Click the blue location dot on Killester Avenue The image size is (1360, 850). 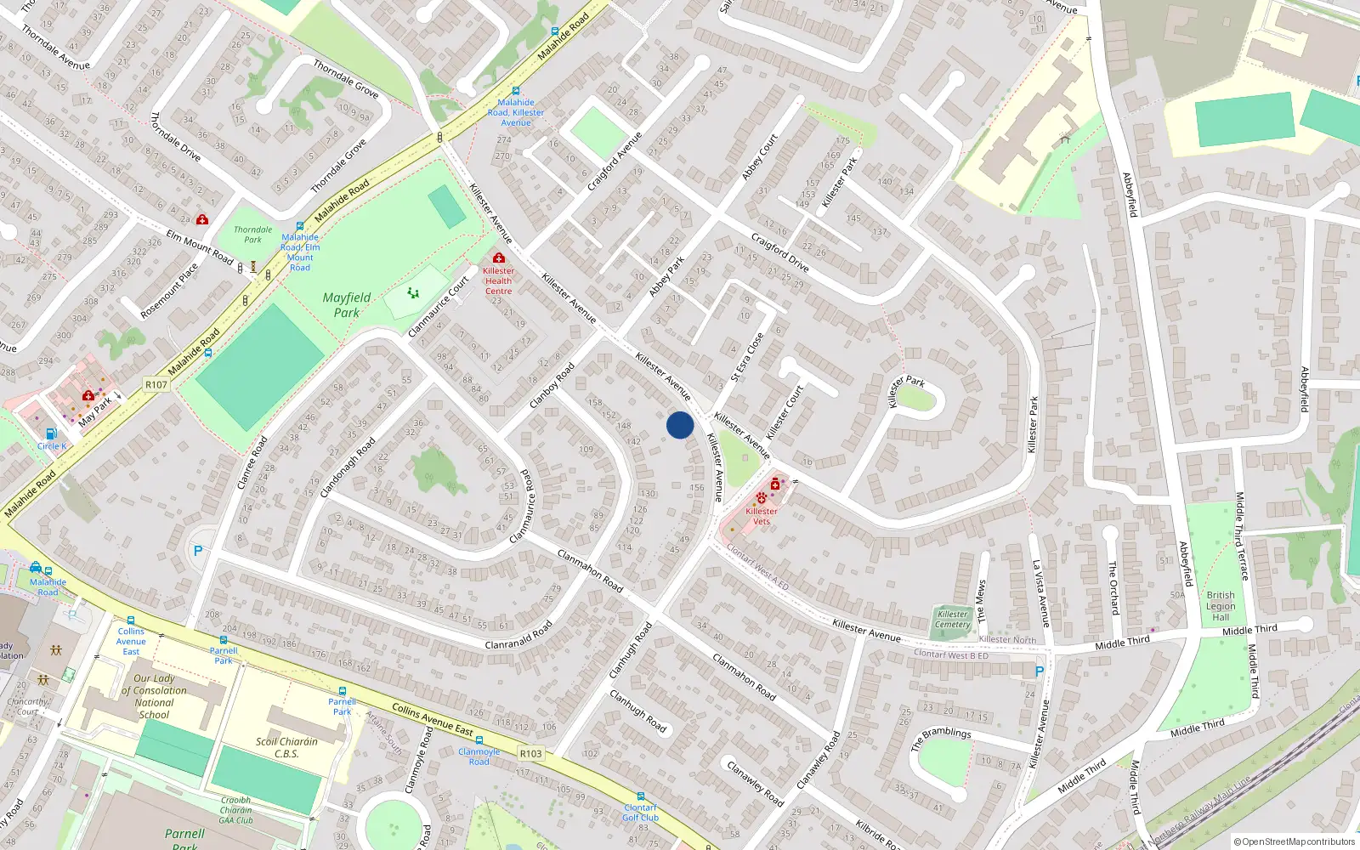point(680,425)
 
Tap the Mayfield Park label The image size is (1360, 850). point(347,305)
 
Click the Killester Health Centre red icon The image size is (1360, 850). point(499,258)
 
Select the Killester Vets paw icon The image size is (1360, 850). point(761,497)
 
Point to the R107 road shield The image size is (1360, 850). point(156,385)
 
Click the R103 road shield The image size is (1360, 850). point(531,754)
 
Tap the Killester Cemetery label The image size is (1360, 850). point(953,620)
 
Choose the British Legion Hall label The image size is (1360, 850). point(1221,606)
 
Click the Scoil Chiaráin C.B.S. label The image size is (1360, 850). point(286,747)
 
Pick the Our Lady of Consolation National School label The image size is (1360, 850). point(154,696)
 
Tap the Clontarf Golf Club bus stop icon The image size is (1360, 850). point(640,796)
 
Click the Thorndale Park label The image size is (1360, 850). point(253,235)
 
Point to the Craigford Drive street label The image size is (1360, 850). point(780,252)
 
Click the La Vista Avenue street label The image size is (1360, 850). point(1041,593)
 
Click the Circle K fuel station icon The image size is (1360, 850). point(51,433)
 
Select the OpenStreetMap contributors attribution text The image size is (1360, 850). point(1295,842)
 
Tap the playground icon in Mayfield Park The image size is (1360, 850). point(413,293)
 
